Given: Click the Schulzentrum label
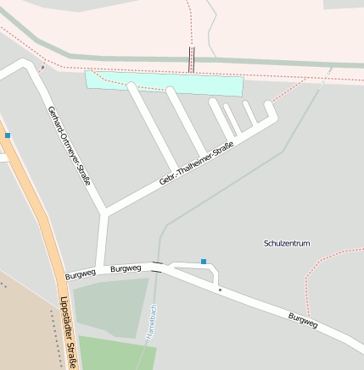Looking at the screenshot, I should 287,243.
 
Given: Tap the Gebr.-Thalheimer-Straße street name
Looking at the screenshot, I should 196,166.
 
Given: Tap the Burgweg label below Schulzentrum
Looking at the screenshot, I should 302,320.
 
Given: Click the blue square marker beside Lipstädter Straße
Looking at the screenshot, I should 8,135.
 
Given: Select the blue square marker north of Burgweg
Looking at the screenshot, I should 204,261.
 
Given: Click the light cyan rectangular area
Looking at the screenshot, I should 161,83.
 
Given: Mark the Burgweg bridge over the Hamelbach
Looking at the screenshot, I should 157,268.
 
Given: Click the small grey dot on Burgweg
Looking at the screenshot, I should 220,290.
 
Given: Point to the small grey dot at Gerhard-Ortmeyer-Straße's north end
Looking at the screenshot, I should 42,66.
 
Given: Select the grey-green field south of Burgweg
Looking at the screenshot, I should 109,306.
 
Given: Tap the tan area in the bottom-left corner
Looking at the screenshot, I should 21,330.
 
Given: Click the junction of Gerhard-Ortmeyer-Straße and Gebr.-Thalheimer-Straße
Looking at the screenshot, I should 104,210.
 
